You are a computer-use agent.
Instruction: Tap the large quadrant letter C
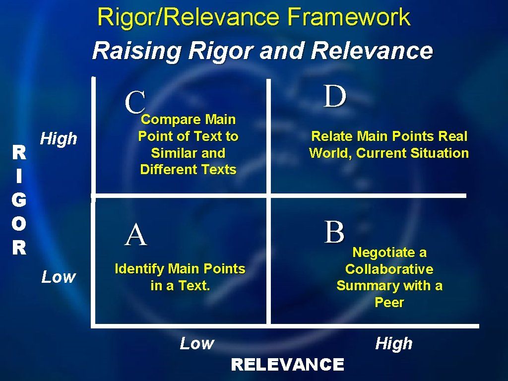(x=135, y=102)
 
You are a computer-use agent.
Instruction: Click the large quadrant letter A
(x=136, y=235)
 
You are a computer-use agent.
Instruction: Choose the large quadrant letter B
(x=334, y=232)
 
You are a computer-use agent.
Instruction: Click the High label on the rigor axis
(x=59, y=139)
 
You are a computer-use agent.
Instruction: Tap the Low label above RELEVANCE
(x=197, y=343)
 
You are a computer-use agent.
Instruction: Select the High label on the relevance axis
(x=394, y=343)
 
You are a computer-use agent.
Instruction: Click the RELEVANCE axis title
(x=287, y=365)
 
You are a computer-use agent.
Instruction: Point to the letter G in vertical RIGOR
(x=19, y=199)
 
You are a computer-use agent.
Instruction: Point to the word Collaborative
(x=389, y=269)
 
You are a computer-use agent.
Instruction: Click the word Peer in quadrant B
(x=389, y=303)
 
